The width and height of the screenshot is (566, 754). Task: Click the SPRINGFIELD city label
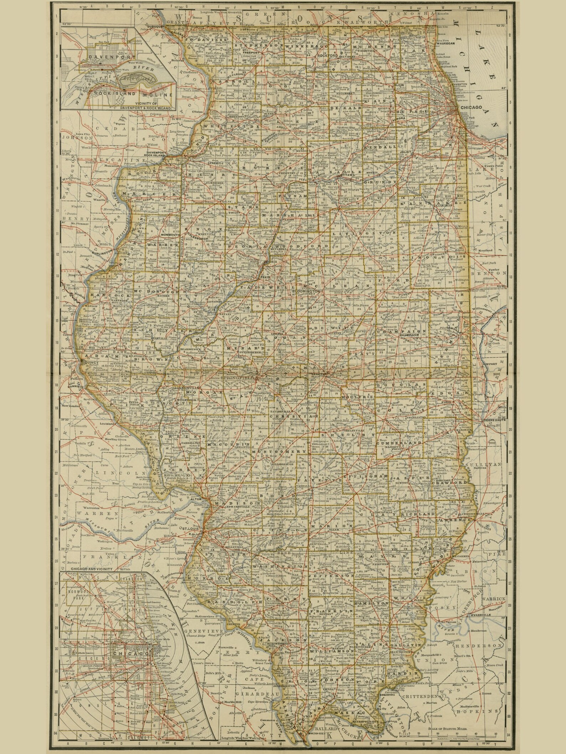(237, 377)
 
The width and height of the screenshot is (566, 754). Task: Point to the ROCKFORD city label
(327, 56)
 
